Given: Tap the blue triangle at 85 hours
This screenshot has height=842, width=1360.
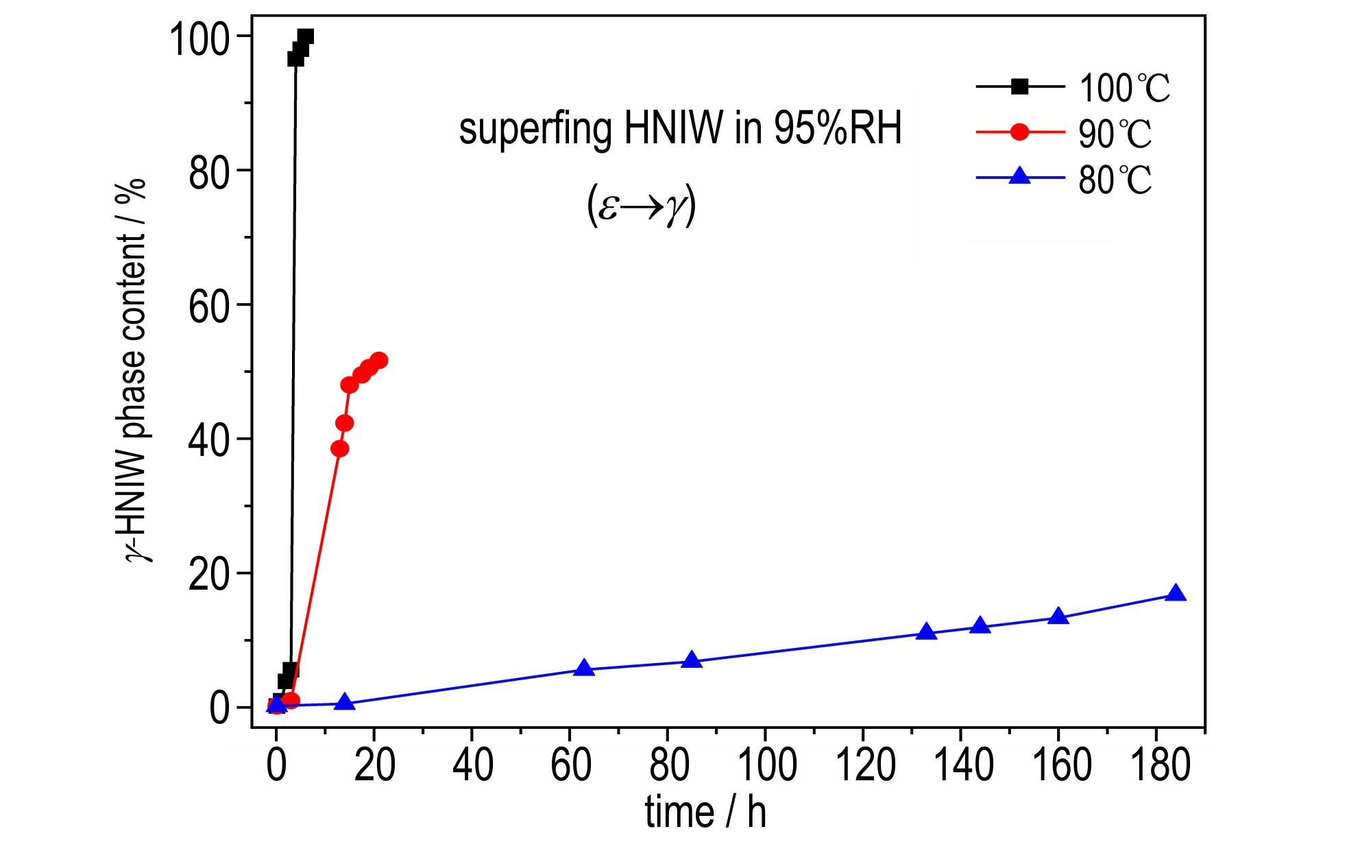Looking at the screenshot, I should click(692, 660).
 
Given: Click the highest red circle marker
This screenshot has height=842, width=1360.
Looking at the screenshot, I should click(379, 360).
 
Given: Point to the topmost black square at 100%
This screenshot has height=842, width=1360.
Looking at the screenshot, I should click(306, 36).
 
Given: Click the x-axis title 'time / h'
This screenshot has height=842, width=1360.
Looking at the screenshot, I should click(706, 814).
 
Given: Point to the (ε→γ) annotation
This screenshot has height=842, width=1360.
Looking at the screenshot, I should click(642, 208).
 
